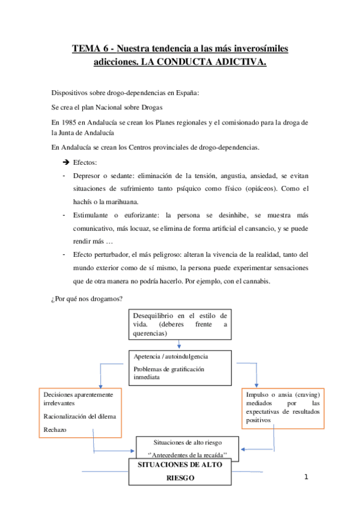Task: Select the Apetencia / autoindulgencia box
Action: coord(180,367)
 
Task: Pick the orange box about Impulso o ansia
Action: coord(283,407)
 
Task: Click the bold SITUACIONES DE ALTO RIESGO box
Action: coord(180,472)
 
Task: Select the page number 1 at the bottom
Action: coord(306,478)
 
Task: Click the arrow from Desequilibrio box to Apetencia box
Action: coord(179,344)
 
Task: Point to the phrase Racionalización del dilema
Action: coord(80,416)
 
